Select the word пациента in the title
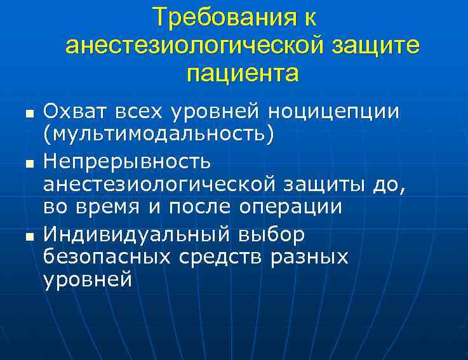(243, 74)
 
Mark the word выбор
(272, 234)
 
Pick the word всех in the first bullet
(140, 112)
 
